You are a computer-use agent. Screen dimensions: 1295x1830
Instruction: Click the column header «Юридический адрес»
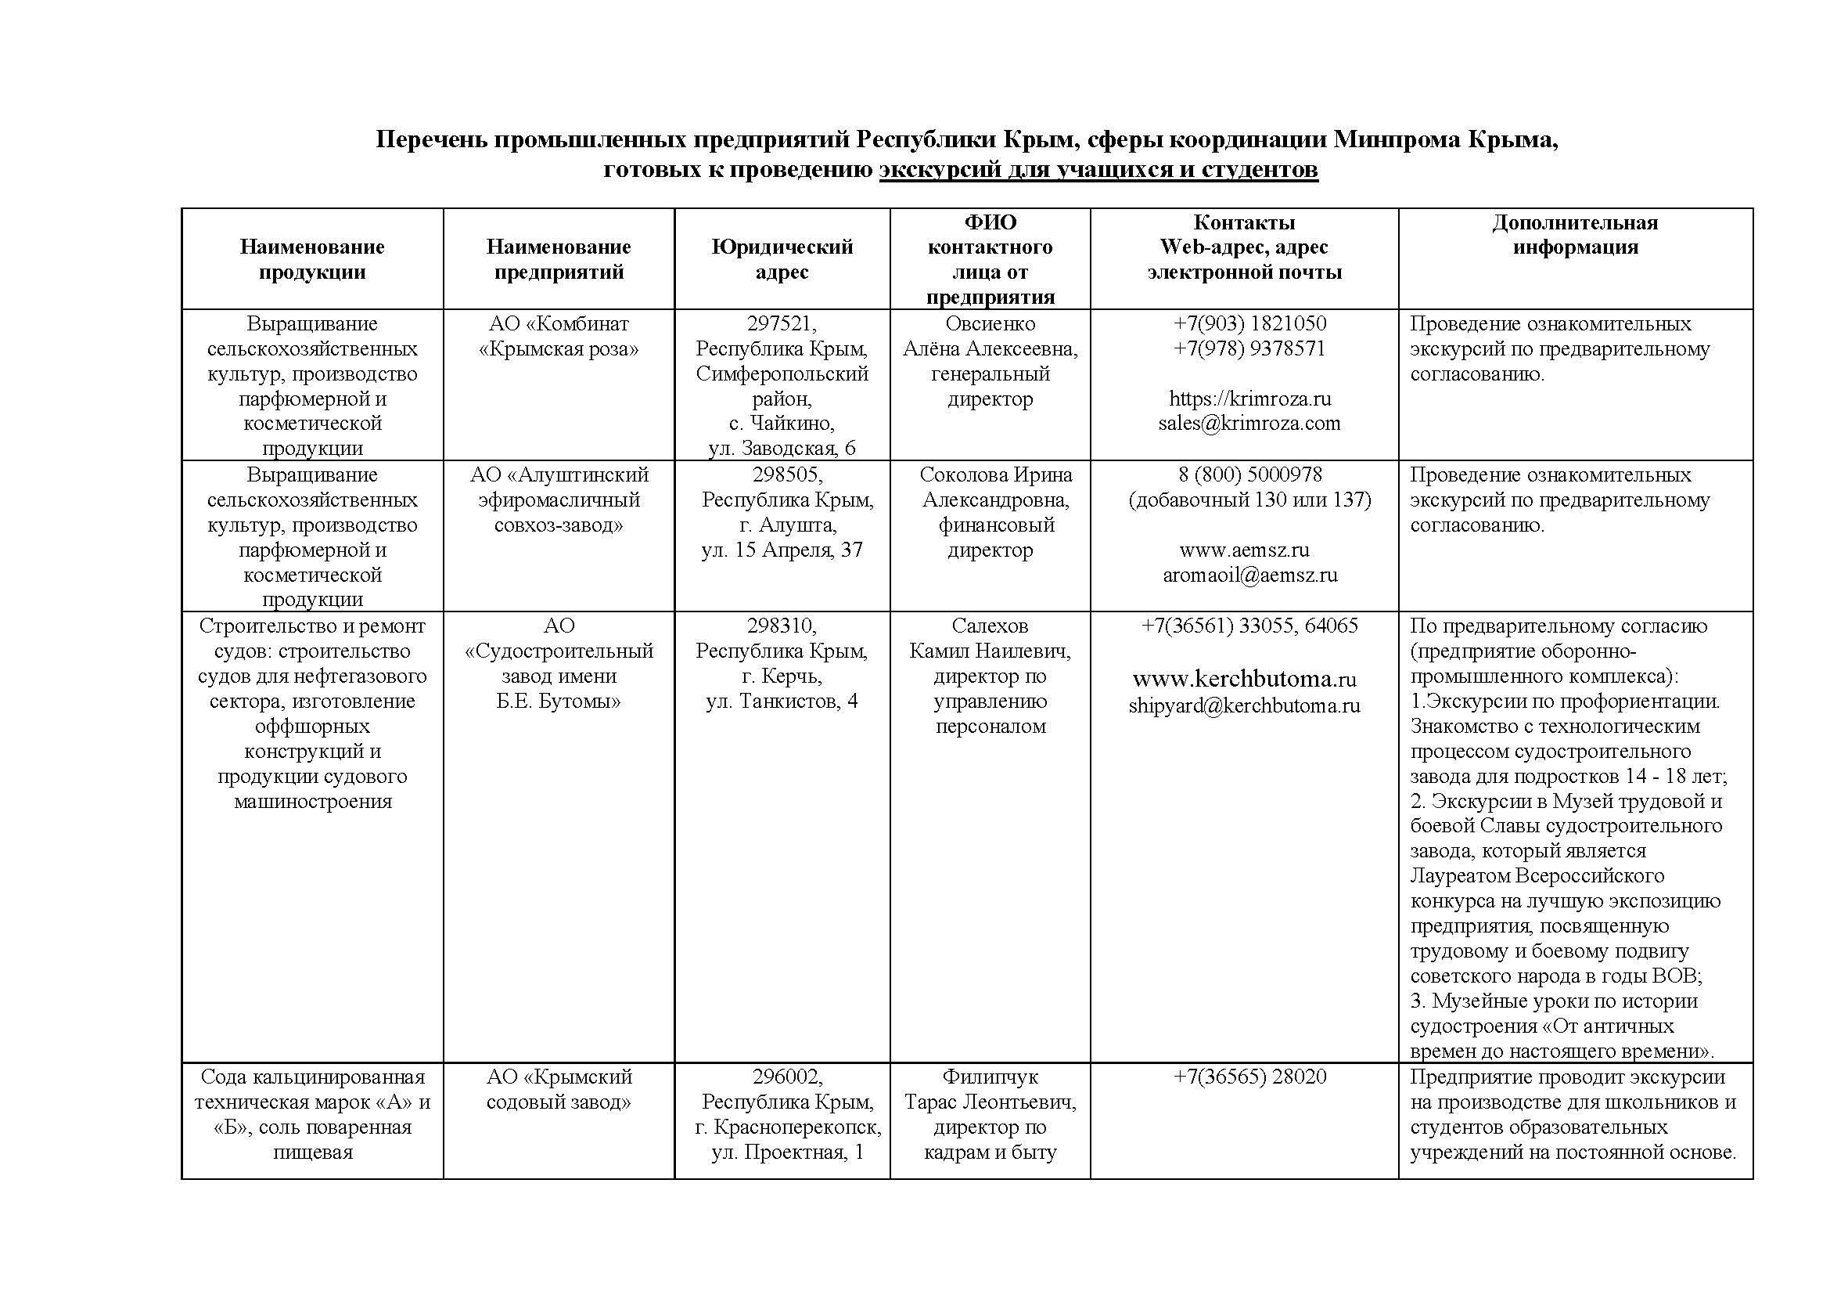[x=782, y=259]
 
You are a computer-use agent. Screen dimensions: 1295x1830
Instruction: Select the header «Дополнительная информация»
[x=1575, y=234]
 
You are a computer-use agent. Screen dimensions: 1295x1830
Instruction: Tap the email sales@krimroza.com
[x=1249, y=424]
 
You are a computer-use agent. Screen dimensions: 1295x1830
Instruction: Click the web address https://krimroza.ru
[x=1249, y=399]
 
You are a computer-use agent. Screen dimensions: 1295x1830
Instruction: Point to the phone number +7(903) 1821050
[x=1249, y=324]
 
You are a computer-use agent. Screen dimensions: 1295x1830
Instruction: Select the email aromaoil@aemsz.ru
[x=1249, y=575]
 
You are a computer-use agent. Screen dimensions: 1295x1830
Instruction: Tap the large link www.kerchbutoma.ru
[x=1244, y=679]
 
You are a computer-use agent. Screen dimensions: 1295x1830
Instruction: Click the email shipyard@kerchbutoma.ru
[x=1244, y=705]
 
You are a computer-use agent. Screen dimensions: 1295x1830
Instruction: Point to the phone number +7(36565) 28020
[x=1249, y=1077]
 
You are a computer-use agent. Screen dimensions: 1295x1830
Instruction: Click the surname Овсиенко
[x=990, y=324]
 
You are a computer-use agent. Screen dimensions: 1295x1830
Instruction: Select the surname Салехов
[x=990, y=626]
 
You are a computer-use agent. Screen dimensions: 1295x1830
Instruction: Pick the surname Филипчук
[x=990, y=1077]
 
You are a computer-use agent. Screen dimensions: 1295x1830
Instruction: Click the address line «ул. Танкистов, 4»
[x=782, y=702]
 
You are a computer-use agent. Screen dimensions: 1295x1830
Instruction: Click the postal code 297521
[x=781, y=324]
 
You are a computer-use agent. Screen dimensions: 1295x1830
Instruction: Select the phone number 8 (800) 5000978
[x=1249, y=475]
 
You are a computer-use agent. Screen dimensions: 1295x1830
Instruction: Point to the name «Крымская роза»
[x=559, y=349]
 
